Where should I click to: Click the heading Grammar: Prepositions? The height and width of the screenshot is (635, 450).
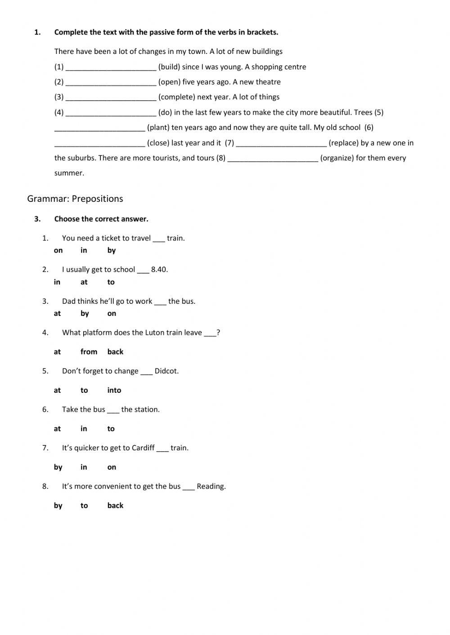click(75, 199)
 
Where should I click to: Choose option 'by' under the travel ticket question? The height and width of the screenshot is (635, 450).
click(112, 251)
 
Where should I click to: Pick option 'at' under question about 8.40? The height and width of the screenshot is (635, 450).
click(84, 282)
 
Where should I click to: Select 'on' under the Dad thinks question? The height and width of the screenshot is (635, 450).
click(112, 314)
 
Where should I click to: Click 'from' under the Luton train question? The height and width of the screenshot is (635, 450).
click(89, 352)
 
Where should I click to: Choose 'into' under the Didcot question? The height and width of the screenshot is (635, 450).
click(114, 390)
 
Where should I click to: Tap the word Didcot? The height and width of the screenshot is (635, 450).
click(166, 371)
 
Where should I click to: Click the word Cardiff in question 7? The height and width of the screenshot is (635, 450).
click(143, 448)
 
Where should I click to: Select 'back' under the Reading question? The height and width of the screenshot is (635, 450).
click(115, 506)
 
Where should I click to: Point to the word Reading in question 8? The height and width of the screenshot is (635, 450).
click(211, 486)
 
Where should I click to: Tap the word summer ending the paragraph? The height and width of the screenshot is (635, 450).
click(69, 173)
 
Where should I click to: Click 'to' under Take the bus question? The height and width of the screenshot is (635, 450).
click(111, 429)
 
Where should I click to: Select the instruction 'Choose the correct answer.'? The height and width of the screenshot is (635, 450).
click(101, 219)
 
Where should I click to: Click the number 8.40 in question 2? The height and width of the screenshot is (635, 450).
click(159, 270)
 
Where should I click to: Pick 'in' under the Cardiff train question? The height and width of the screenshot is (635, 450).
click(84, 467)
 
